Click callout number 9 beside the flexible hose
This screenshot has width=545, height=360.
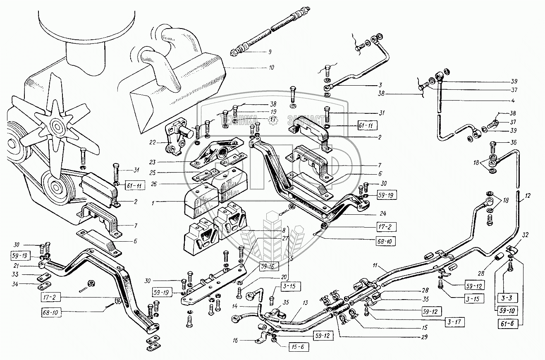pyautogui.click(x=269, y=52)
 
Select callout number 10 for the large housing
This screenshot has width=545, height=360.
pyautogui.click(x=271, y=67)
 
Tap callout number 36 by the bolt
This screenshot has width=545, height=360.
pyautogui.click(x=514, y=143)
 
